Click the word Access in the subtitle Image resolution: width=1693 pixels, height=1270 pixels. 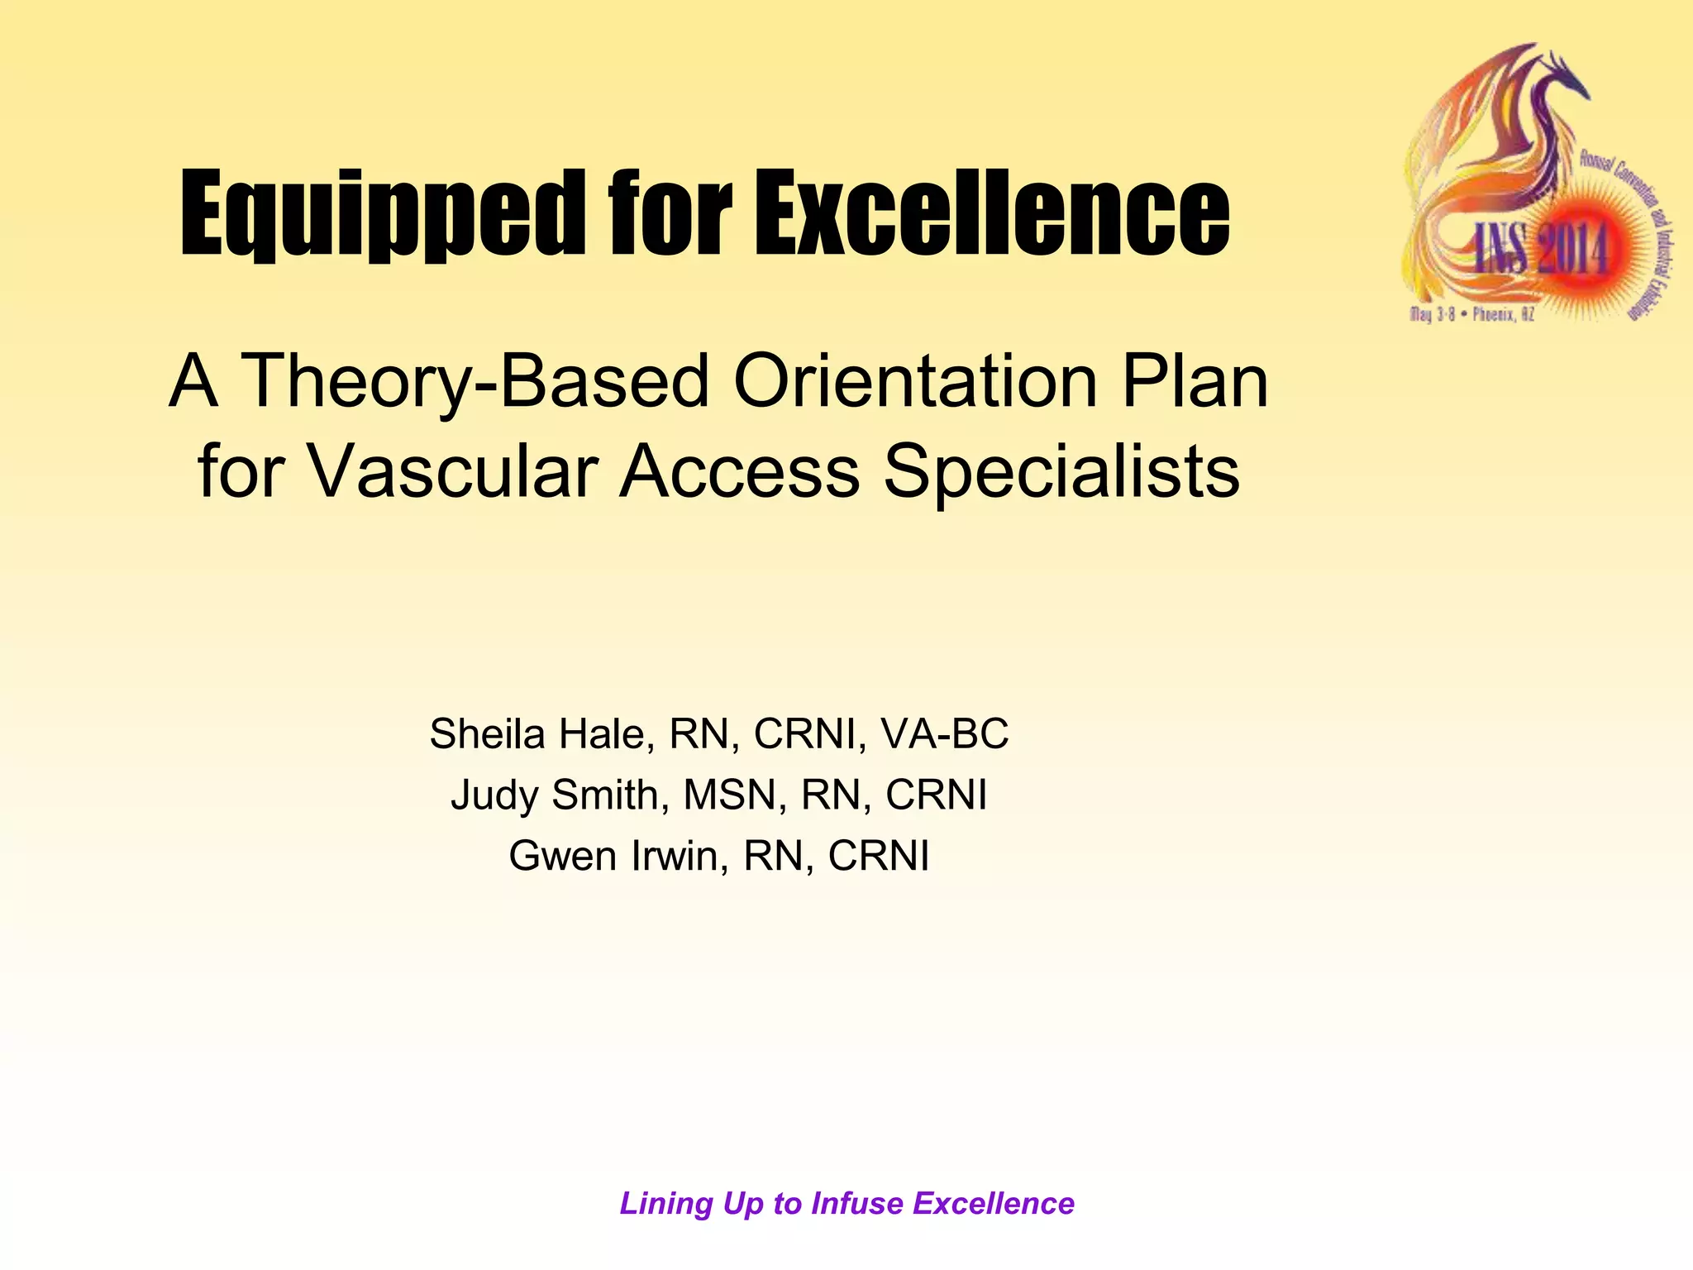tap(740, 471)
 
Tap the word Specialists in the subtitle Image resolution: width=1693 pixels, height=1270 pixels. tap(1061, 471)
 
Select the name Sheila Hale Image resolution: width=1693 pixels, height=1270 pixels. tap(537, 733)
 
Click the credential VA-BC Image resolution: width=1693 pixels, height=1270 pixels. tap(945, 733)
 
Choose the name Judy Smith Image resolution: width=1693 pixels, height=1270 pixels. tap(554, 795)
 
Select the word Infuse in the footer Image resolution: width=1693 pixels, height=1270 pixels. tap(856, 1204)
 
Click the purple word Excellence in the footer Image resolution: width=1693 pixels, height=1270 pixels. tap(994, 1204)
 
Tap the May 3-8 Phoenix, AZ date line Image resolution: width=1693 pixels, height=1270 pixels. tap(1471, 315)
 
